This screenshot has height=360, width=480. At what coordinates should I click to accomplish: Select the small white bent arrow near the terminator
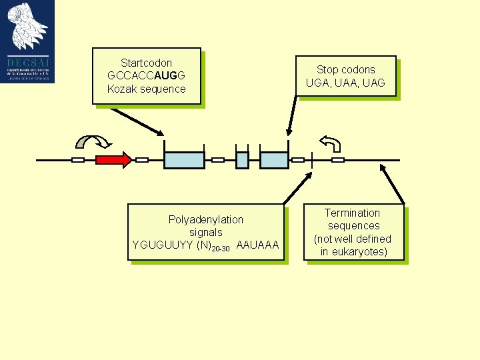coord(331,143)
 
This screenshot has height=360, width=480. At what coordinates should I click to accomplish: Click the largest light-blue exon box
coord(184,160)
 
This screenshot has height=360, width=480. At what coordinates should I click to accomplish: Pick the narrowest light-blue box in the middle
coord(242,160)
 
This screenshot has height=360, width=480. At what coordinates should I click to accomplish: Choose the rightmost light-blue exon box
coord(273,160)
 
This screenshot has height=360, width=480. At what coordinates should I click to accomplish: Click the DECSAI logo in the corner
coord(27,41)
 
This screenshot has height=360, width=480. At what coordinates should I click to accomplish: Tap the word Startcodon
coord(146,63)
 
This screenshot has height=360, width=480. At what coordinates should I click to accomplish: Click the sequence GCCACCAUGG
coord(146,75)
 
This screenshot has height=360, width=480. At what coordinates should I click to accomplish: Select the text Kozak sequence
coord(146,89)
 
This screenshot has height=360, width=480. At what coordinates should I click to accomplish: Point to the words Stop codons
coord(345,69)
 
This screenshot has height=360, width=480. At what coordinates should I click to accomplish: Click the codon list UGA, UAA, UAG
coord(345,83)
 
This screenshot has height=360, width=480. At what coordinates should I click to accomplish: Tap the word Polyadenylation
coord(206,219)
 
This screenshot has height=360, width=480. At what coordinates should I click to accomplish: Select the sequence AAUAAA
coord(257,245)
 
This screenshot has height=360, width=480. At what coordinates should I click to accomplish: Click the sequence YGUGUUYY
coord(163,245)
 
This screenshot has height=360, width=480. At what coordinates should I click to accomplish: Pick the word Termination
coord(352,213)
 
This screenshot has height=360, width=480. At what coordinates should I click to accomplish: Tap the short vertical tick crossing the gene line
coord(312,160)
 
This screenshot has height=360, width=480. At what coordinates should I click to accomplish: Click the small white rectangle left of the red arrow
coord(78,160)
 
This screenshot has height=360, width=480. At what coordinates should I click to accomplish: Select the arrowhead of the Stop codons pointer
coord(288,133)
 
